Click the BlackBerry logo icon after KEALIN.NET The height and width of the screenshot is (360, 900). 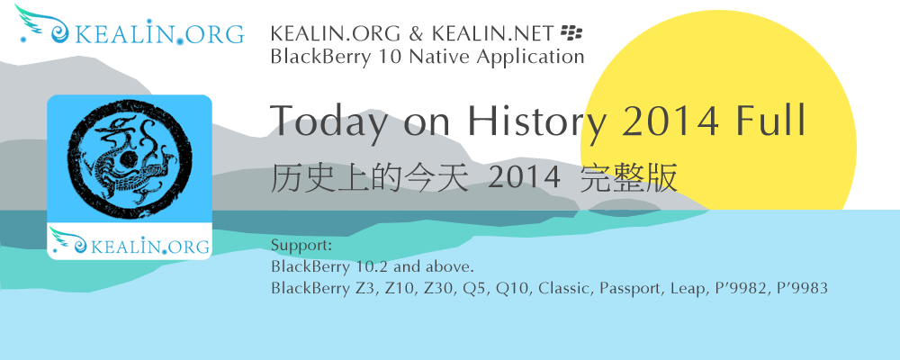571,32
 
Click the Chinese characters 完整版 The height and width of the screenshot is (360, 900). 629,178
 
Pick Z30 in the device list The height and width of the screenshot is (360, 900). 436,288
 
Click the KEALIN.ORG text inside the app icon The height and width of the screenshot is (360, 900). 149,247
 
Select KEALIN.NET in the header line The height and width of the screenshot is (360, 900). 493,34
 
